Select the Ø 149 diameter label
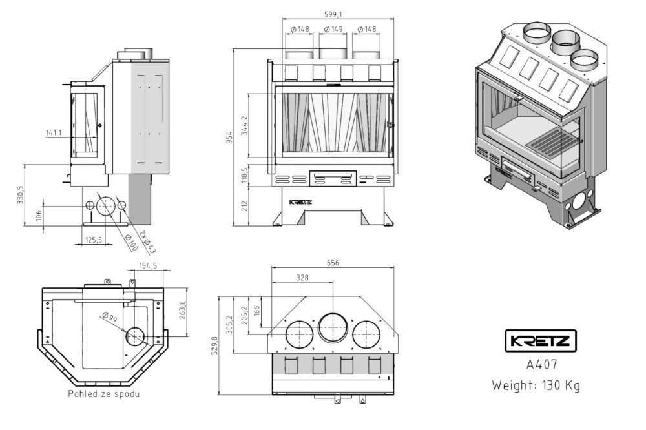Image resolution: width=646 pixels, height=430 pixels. point(333,29)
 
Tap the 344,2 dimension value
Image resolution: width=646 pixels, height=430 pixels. point(244,123)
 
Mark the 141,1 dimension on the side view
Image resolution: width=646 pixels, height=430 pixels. point(54,132)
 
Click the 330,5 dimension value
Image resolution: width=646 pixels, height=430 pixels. point(21,195)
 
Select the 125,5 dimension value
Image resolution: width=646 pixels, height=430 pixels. point(94,240)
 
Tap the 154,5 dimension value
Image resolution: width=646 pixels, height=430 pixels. point(148,265)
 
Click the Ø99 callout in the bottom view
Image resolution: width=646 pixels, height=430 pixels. point(109,317)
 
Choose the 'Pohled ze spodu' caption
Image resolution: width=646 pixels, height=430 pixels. point(103,393)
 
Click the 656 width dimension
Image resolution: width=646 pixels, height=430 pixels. point(333,263)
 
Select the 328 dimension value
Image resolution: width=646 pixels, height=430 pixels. point(302,277)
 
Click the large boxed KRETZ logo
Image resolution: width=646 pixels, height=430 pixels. point(540,341)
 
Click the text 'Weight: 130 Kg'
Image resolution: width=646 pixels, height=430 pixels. point(536,385)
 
